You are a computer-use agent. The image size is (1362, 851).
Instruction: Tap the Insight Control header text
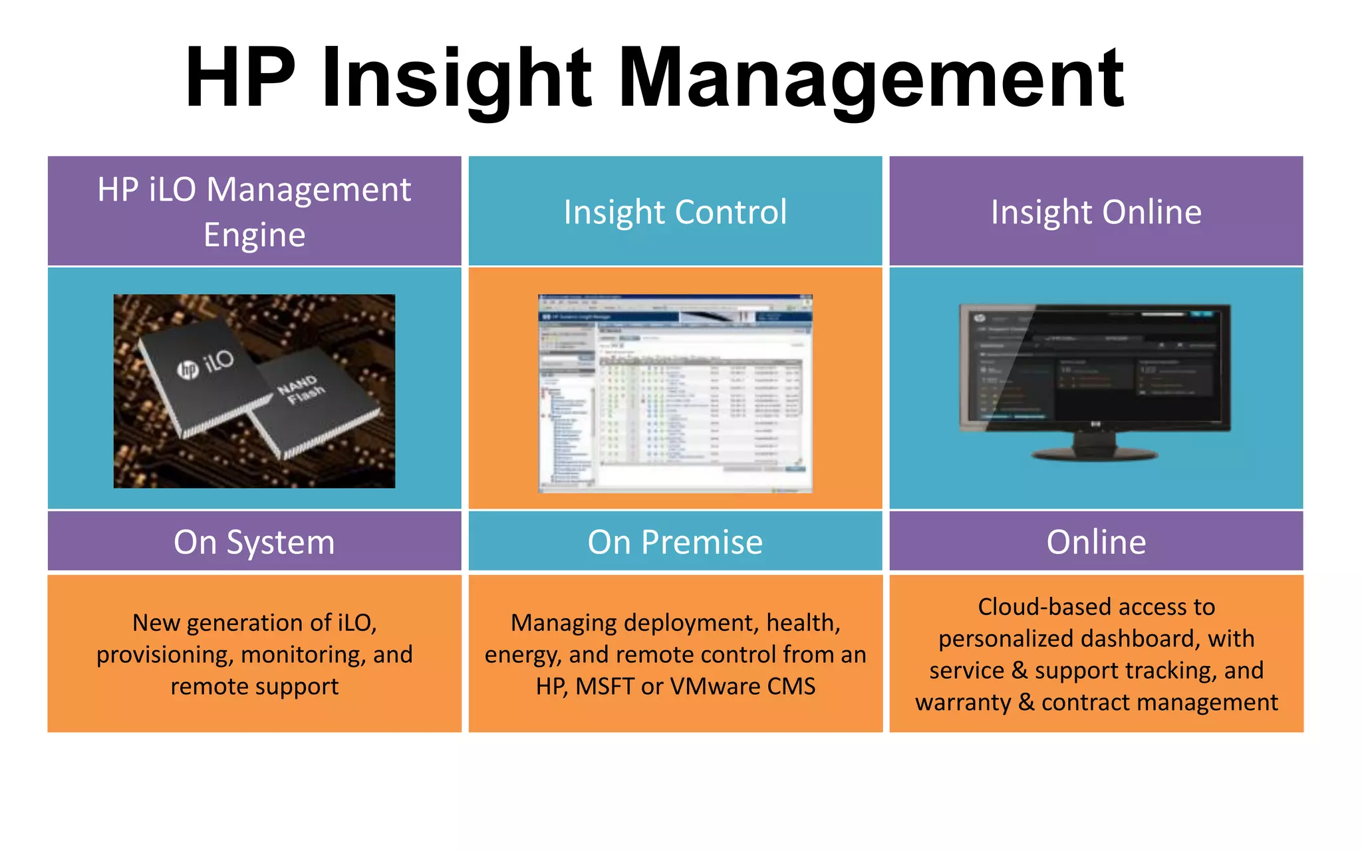pos(675,212)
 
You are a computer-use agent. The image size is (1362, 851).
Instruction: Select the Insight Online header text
pos(1096,212)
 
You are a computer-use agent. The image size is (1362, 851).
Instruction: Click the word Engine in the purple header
pos(254,235)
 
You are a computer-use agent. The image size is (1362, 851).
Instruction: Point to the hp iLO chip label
pos(206,364)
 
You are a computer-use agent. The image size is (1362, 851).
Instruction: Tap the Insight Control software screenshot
pos(675,393)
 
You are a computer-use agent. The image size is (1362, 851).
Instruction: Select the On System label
pos(254,542)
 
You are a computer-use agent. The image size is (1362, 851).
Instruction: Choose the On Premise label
pos(675,542)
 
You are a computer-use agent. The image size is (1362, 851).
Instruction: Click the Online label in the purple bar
pos(1096,542)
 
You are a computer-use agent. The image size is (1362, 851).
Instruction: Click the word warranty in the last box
pos(962,703)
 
